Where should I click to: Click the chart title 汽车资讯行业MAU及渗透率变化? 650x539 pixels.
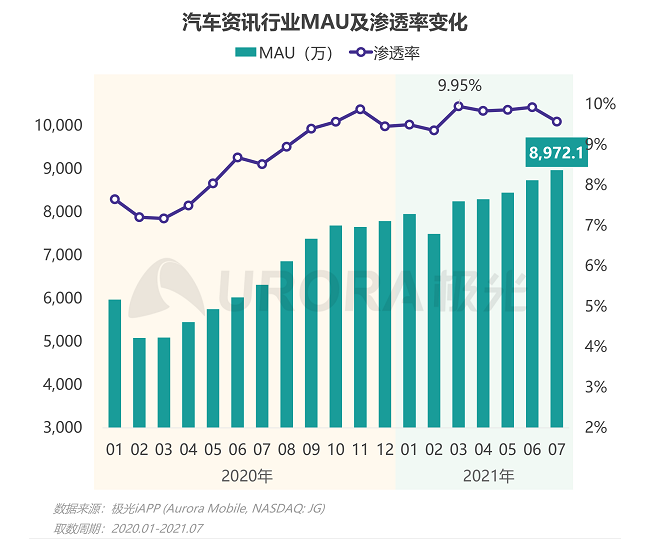click(325, 21)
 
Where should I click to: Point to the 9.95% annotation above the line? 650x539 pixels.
click(460, 85)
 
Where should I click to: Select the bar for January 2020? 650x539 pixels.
click(115, 363)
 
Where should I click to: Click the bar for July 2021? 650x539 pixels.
click(557, 298)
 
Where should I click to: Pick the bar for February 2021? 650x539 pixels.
click(434, 330)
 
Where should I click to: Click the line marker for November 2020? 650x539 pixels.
click(361, 109)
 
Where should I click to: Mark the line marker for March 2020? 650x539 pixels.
click(164, 218)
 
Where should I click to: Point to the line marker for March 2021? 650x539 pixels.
click(459, 106)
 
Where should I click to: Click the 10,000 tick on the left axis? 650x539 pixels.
click(57, 125)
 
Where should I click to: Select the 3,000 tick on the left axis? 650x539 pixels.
click(62, 427)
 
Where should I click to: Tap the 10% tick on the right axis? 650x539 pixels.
click(600, 104)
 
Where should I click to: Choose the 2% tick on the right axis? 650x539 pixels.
click(596, 427)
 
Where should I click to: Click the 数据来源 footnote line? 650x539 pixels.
click(189, 508)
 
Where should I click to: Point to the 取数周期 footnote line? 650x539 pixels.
click(129, 527)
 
